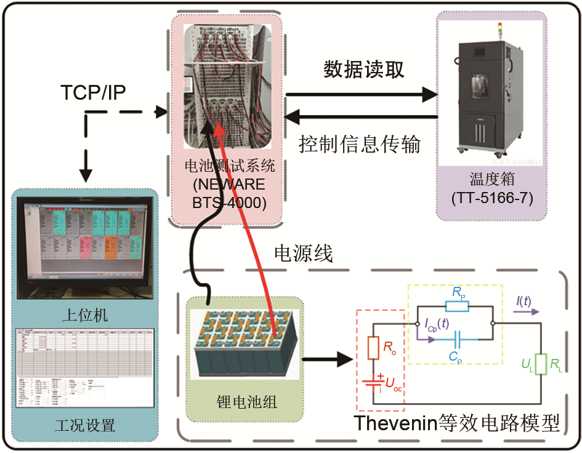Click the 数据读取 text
click(x=365, y=70)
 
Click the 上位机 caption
click(x=86, y=316)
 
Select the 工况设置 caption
click(x=86, y=425)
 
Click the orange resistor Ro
click(x=372, y=347)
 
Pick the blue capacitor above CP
click(x=456, y=339)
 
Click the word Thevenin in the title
click(x=394, y=424)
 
